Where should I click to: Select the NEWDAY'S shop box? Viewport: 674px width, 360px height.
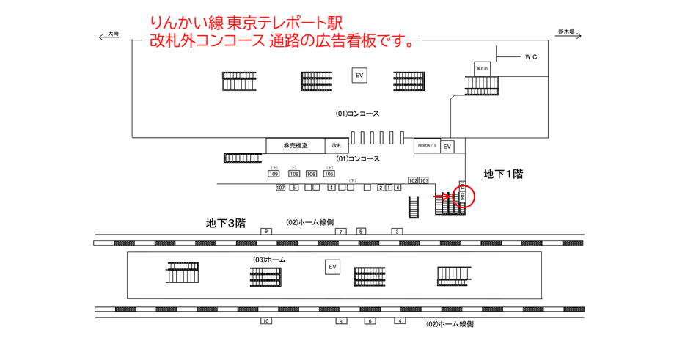tap(427, 146)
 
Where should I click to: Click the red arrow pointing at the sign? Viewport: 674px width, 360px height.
tap(442, 196)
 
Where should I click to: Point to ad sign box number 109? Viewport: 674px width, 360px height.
tap(274, 174)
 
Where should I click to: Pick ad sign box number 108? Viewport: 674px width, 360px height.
tap(294, 174)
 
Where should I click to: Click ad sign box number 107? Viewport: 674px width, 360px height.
tap(280, 188)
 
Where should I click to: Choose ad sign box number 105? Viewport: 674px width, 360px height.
tap(329, 174)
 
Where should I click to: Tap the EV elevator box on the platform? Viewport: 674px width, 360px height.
tap(333, 267)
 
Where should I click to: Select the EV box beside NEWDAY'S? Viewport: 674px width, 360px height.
tap(447, 147)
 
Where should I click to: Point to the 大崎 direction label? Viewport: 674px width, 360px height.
tap(112, 33)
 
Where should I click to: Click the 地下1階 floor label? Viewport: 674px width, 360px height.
tap(503, 174)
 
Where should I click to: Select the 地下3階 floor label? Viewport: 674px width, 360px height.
tap(225, 222)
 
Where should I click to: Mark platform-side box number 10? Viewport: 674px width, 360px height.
tap(265, 321)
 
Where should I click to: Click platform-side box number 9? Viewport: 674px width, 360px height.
tap(265, 232)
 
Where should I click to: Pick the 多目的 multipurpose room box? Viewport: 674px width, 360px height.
tap(482, 68)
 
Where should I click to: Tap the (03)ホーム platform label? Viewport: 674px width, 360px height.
tap(269, 260)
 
